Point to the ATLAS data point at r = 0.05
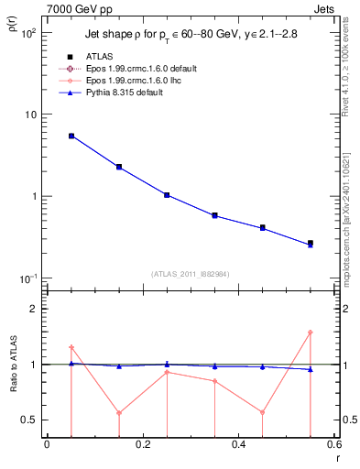pyautogui.click(x=71, y=136)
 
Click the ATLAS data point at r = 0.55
pyautogui.click(x=311, y=243)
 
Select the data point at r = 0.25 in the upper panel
pyautogui.click(x=167, y=195)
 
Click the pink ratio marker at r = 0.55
pyautogui.click(x=311, y=333)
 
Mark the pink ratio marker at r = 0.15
pyautogui.click(x=119, y=412)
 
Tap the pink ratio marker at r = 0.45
pyautogui.click(x=263, y=412)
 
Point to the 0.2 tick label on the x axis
pyautogui.click(x=142, y=444)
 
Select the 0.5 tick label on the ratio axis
pyautogui.click(x=31, y=420)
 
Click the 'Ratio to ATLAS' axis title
pyautogui.click(x=12, y=365)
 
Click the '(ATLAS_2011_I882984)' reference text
pyautogui.click(x=191, y=274)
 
